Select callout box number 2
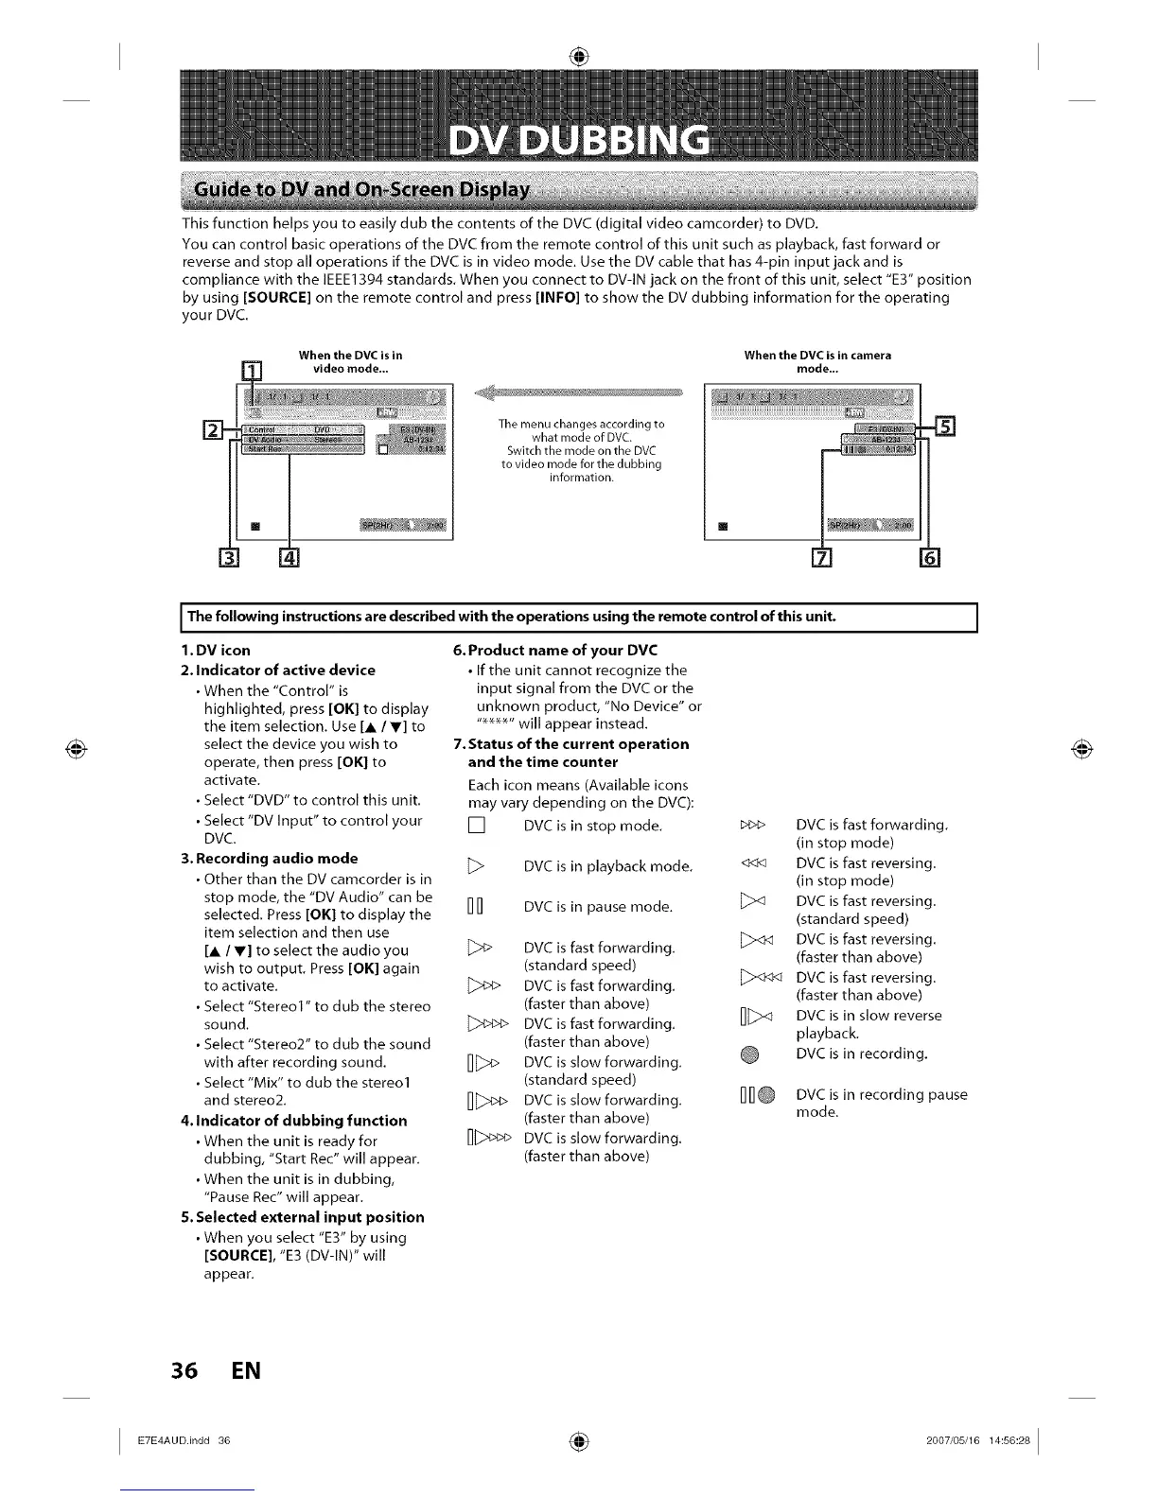tap(214, 430)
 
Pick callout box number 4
tap(289, 559)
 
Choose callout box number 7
tap(822, 559)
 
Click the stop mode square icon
tap(476, 827)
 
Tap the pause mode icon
tap(476, 907)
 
